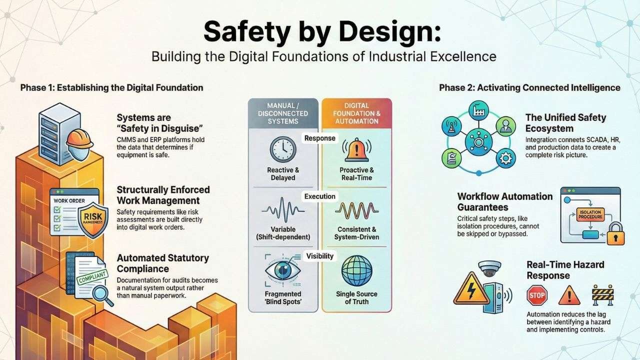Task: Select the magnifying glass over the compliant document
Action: [104, 294]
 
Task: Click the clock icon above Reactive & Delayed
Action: [283, 149]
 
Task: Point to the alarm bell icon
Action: [356, 149]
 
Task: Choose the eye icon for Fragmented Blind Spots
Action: [283, 270]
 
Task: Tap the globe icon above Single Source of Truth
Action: [356, 270]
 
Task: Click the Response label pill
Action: [319, 137]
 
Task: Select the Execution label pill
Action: [319, 196]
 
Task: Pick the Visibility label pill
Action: [319, 256]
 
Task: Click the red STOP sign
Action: [537, 295]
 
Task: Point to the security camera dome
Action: [489, 267]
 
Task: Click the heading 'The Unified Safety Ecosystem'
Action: [565, 123]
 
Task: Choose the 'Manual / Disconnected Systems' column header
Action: [283, 113]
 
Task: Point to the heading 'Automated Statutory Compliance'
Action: [162, 263]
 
